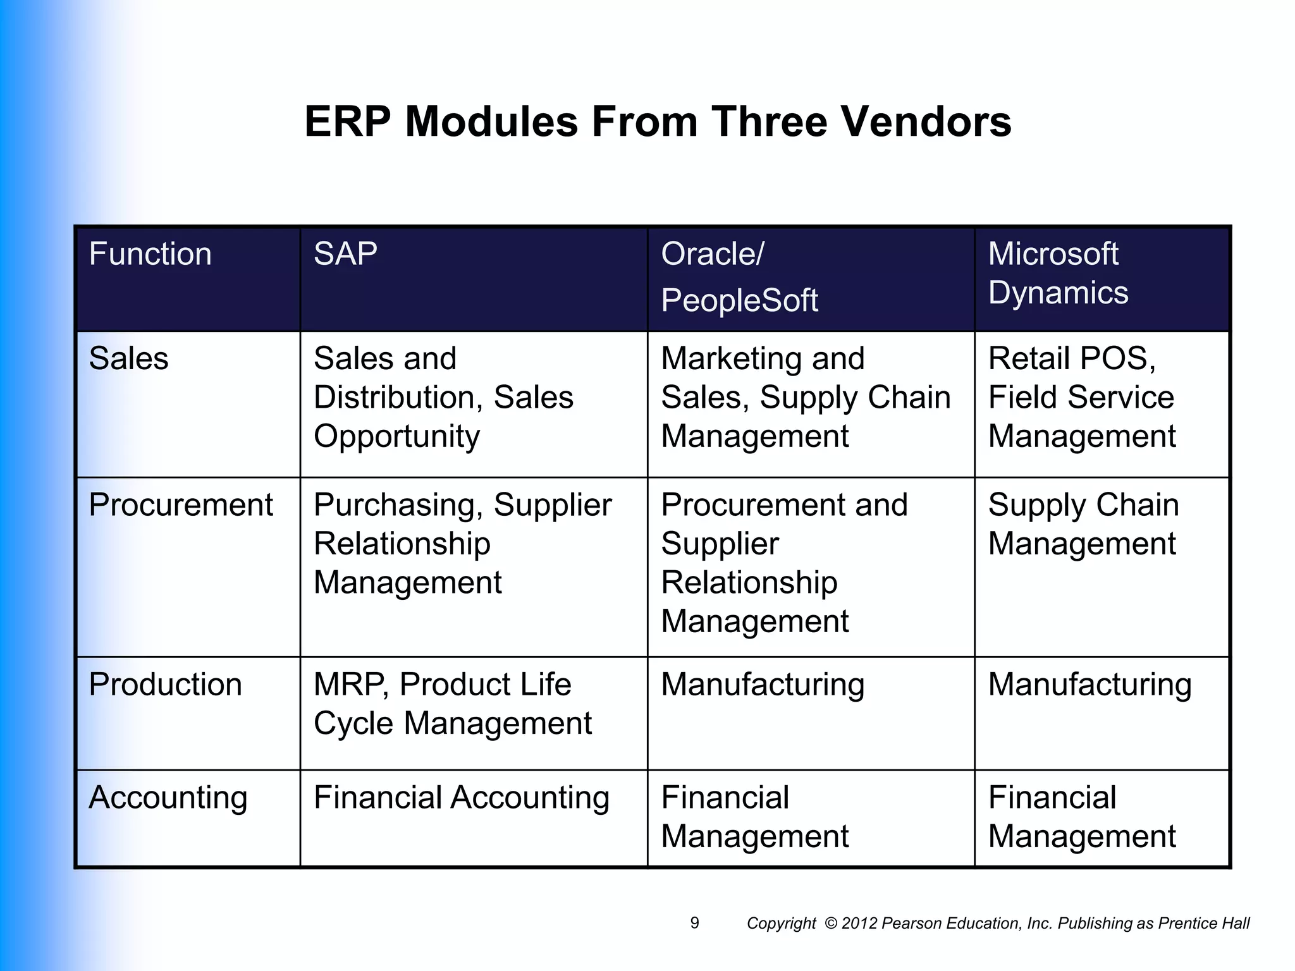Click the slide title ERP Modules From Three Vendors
click(x=658, y=121)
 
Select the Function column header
click(x=150, y=254)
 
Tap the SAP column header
click(x=346, y=254)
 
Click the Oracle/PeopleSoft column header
click(x=739, y=277)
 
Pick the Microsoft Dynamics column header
click(x=1058, y=273)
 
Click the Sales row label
click(x=129, y=358)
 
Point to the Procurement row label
click(x=181, y=504)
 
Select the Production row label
click(x=166, y=684)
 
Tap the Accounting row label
click(x=168, y=797)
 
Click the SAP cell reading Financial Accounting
click(x=462, y=797)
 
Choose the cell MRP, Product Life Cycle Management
click(x=453, y=703)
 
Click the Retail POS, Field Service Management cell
click(x=1081, y=397)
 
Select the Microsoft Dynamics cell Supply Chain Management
click(x=1083, y=523)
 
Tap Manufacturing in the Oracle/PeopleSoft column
click(x=763, y=685)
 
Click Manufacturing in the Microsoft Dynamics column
click(x=1089, y=685)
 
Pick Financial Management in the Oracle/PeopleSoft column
click(x=755, y=817)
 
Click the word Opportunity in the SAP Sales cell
click(x=397, y=437)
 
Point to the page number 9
click(x=695, y=923)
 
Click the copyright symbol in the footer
click(x=831, y=924)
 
